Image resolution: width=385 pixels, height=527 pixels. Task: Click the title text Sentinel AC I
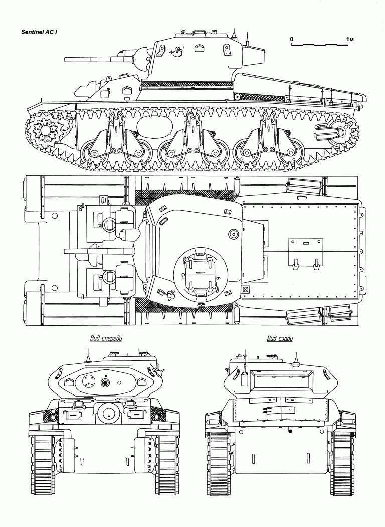pyautogui.click(x=41, y=32)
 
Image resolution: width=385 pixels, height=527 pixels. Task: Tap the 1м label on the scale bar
pyautogui.click(x=350, y=39)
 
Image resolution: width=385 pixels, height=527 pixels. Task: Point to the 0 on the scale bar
pyautogui.click(x=292, y=39)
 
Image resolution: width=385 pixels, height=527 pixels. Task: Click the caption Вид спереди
pyautogui.click(x=106, y=338)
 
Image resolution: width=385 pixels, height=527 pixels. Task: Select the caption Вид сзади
pyautogui.click(x=280, y=338)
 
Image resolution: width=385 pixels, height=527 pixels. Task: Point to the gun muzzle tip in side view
pyautogui.click(x=65, y=60)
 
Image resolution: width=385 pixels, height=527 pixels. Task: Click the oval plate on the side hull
pyautogui.click(x=155, y=125)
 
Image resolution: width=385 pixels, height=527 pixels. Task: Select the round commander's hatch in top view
pyautogui.click(x=201, y=273)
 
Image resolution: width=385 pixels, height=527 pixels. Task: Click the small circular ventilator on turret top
pyautogui.click(x=233, y=234)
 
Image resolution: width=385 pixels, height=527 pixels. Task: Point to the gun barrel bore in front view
pyautogui.click(x=106, y=383)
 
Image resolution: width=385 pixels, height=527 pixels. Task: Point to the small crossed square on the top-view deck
pyautogui.click(x=246, y=289)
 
